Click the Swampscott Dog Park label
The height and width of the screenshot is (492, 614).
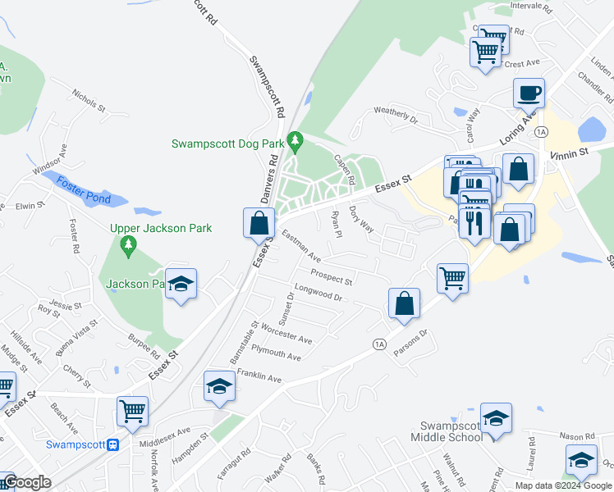(x=227, y=143)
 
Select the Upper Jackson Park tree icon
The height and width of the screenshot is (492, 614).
(x=127, y=244)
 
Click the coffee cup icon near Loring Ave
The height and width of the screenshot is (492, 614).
(x=529, y=92)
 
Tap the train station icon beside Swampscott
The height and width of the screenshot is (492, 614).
(x=114, y=445)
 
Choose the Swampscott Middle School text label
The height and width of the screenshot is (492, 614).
(x=451, y=431)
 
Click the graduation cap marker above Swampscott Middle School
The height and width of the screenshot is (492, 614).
(x=496, y=418)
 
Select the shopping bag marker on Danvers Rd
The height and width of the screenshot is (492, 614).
(x=259, y=221)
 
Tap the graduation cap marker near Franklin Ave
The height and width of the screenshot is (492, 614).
(x=219, y=386)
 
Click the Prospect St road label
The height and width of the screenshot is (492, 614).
(x=331, y=277)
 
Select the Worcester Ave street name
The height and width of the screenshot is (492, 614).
(x=286, y=334)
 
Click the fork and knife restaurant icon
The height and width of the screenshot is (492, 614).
(x=474, y=221)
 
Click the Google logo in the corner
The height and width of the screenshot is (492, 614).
(x=26, y=483)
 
